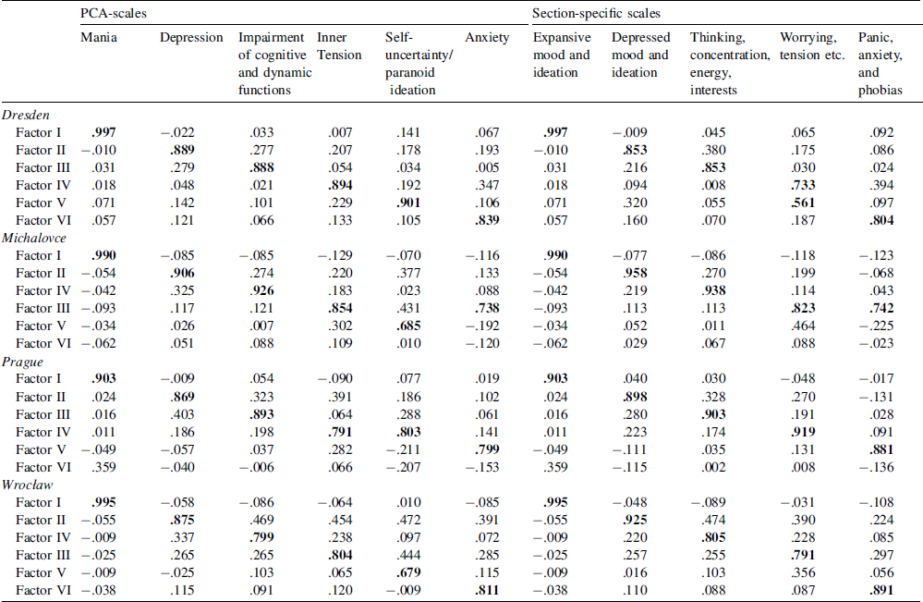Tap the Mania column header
(x=99, y=38)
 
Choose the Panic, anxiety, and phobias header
(x=880, y=64)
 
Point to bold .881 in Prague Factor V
(x=880, y=449)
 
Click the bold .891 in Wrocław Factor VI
(x=880, y=591)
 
